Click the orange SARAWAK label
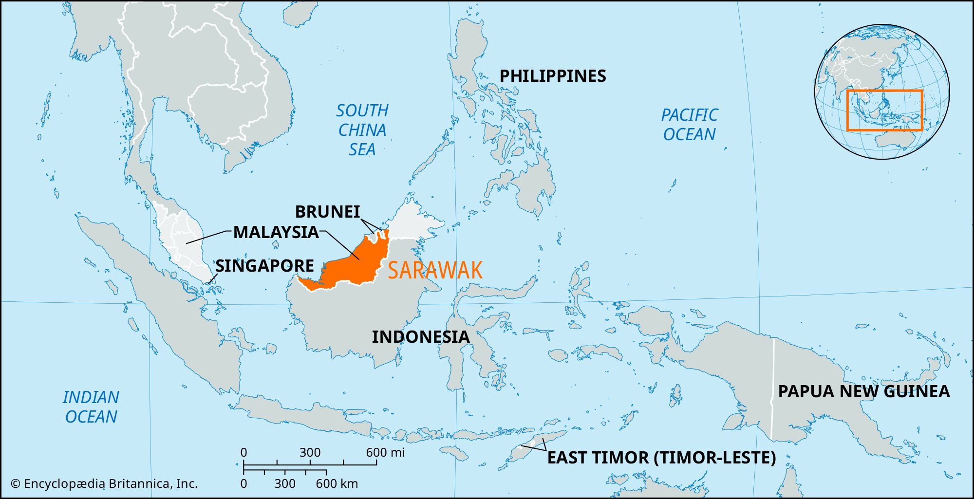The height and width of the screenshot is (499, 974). point(435,270)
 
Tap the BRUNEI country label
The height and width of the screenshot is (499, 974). point(327,212)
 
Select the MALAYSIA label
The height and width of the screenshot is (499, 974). point(276,232)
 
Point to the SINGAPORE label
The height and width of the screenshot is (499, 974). point(264,266)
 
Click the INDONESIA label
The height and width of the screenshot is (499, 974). point(420,337)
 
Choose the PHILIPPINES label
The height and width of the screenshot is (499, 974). point(553,76)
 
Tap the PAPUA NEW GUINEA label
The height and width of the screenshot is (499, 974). point(863,391)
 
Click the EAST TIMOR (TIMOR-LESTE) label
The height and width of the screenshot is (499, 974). point(661,458)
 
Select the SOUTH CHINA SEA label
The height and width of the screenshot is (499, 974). point(362,130)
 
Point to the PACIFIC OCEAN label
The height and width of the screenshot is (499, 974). point(689,125)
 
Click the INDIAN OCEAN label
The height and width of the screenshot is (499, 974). point(91,407)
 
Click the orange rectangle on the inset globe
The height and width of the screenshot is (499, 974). point(884,91)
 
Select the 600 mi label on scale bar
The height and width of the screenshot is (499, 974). point(385,453)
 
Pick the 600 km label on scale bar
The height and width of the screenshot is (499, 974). point(337,484)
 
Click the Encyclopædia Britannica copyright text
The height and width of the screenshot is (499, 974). point(104,484)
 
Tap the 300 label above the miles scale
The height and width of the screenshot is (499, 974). point(310,453)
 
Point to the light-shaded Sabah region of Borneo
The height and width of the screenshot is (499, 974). point(414,222)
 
